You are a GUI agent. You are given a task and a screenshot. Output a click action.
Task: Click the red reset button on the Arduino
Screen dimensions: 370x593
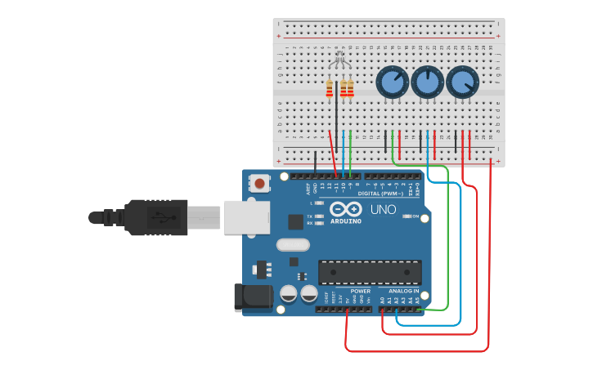tap(260, 183)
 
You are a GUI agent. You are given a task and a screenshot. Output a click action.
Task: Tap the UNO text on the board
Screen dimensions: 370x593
tap(383, 210)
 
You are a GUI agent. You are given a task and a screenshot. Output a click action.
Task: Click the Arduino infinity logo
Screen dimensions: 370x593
tap(345, 209)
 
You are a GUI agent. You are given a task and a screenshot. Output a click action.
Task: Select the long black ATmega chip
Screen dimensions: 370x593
tap(370, 272)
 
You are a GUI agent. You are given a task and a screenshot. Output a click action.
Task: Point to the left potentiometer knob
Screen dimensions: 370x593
tap(392, 82)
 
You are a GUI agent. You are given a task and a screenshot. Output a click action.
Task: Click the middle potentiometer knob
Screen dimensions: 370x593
tap(427, 82)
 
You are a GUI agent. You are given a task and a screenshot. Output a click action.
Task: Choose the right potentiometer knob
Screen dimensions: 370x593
tap(462, 82)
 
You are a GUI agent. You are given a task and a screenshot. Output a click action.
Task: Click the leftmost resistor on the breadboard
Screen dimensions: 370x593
tap(330, 88)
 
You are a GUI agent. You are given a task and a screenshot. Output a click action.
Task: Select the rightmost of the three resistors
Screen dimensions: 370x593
tap(351, 88)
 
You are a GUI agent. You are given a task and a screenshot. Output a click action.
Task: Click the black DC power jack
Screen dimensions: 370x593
tap(253, 297)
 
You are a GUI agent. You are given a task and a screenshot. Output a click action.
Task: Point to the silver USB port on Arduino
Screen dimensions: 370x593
tap(246, 216)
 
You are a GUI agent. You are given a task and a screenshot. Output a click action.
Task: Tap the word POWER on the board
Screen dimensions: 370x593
tap(360, 291)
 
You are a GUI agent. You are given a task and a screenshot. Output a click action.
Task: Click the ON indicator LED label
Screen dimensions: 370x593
tap(415, 216)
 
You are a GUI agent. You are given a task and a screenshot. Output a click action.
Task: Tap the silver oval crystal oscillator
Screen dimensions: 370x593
tap(293, 244)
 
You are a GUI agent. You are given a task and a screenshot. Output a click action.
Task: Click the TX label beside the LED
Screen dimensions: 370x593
tap(309, 216)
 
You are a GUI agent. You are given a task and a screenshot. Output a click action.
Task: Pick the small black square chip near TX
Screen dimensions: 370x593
tap(295, 221)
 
